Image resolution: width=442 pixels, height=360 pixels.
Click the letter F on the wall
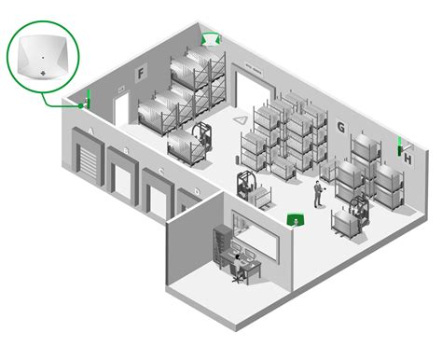coord(141,74)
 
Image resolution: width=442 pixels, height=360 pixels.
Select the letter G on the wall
coord(341,128)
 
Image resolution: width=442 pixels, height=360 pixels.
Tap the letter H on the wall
coord(407,159)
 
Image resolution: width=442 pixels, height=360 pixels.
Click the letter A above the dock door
coord(90,132)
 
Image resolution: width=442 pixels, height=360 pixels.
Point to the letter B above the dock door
coord(126,151)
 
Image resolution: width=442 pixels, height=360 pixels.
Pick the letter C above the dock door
coord(161,171)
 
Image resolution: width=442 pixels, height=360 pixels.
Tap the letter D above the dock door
coord(197,191)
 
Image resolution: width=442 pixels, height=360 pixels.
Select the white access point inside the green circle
coord(43,58)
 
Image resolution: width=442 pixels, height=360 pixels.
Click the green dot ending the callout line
coord(81,106)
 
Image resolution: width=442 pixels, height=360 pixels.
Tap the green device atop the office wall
coord(295,219)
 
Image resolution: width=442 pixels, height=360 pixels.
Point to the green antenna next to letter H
coord(400,145)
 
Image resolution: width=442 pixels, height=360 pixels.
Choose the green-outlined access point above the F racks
coord(212,39)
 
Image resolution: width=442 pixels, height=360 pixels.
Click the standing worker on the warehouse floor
coord(318,194)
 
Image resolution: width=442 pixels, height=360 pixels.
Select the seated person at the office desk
coord(238,266)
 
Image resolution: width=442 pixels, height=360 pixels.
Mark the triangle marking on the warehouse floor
coord(241,120)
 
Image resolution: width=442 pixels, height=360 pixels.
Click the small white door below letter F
coord(121,108)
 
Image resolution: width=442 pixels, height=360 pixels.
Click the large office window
coord(254,234)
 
